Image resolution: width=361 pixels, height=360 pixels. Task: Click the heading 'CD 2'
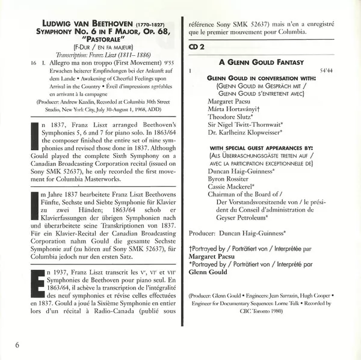(198, 46)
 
